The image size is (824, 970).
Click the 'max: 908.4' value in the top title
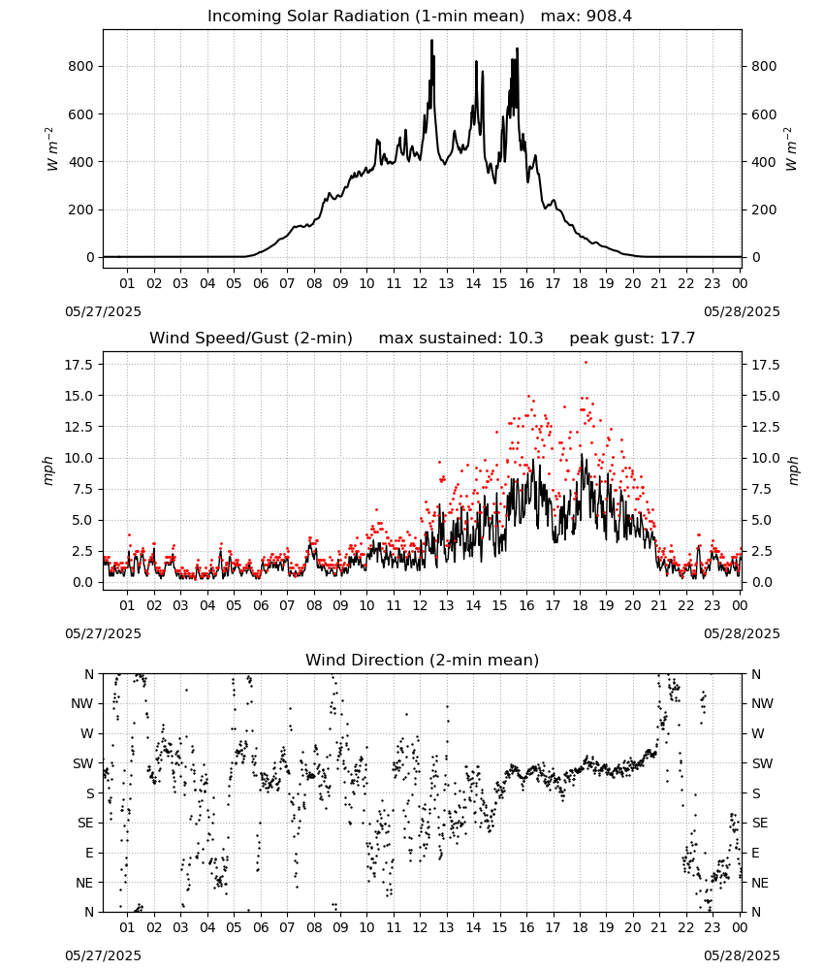point(586,16)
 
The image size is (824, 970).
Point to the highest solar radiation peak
point(432,41)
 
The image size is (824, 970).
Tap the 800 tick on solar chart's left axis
point(81,66)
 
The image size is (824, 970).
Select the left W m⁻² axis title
point(52,148)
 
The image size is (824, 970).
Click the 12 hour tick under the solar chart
point(420,283)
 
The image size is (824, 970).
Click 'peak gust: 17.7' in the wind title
point(632,339)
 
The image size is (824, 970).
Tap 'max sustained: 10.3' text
point(460,339)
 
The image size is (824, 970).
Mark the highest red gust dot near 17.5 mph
point(586,363)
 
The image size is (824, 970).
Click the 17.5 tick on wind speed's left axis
point(78,365)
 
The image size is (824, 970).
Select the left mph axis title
point(48,470)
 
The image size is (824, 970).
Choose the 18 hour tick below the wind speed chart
point(580,605)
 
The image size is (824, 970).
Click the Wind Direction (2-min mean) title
point(423,660)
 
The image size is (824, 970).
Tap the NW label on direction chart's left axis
point(82,703)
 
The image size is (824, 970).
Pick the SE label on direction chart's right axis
point(760,823)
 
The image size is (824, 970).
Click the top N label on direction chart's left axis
point(89,674)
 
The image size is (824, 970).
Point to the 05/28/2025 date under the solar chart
point(742,311)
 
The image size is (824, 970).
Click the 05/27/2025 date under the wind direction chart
point(103,955)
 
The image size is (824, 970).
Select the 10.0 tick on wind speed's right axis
point(765,459)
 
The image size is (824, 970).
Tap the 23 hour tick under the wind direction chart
point(713,927)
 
